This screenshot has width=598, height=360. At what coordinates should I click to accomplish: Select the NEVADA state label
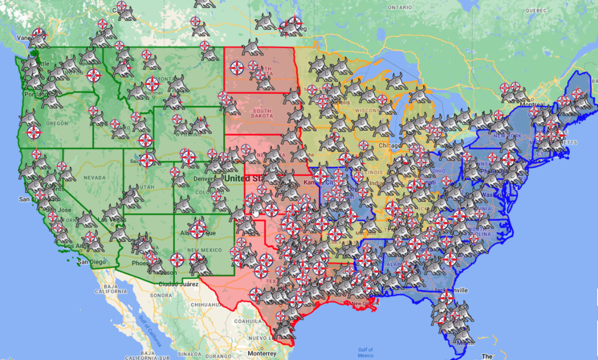point(94,177)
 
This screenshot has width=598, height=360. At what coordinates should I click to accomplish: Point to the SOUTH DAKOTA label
point(262,113)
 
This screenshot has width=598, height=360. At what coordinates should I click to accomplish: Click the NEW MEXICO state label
point(200,250)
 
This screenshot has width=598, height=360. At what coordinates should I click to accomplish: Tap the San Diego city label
point(91,262)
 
